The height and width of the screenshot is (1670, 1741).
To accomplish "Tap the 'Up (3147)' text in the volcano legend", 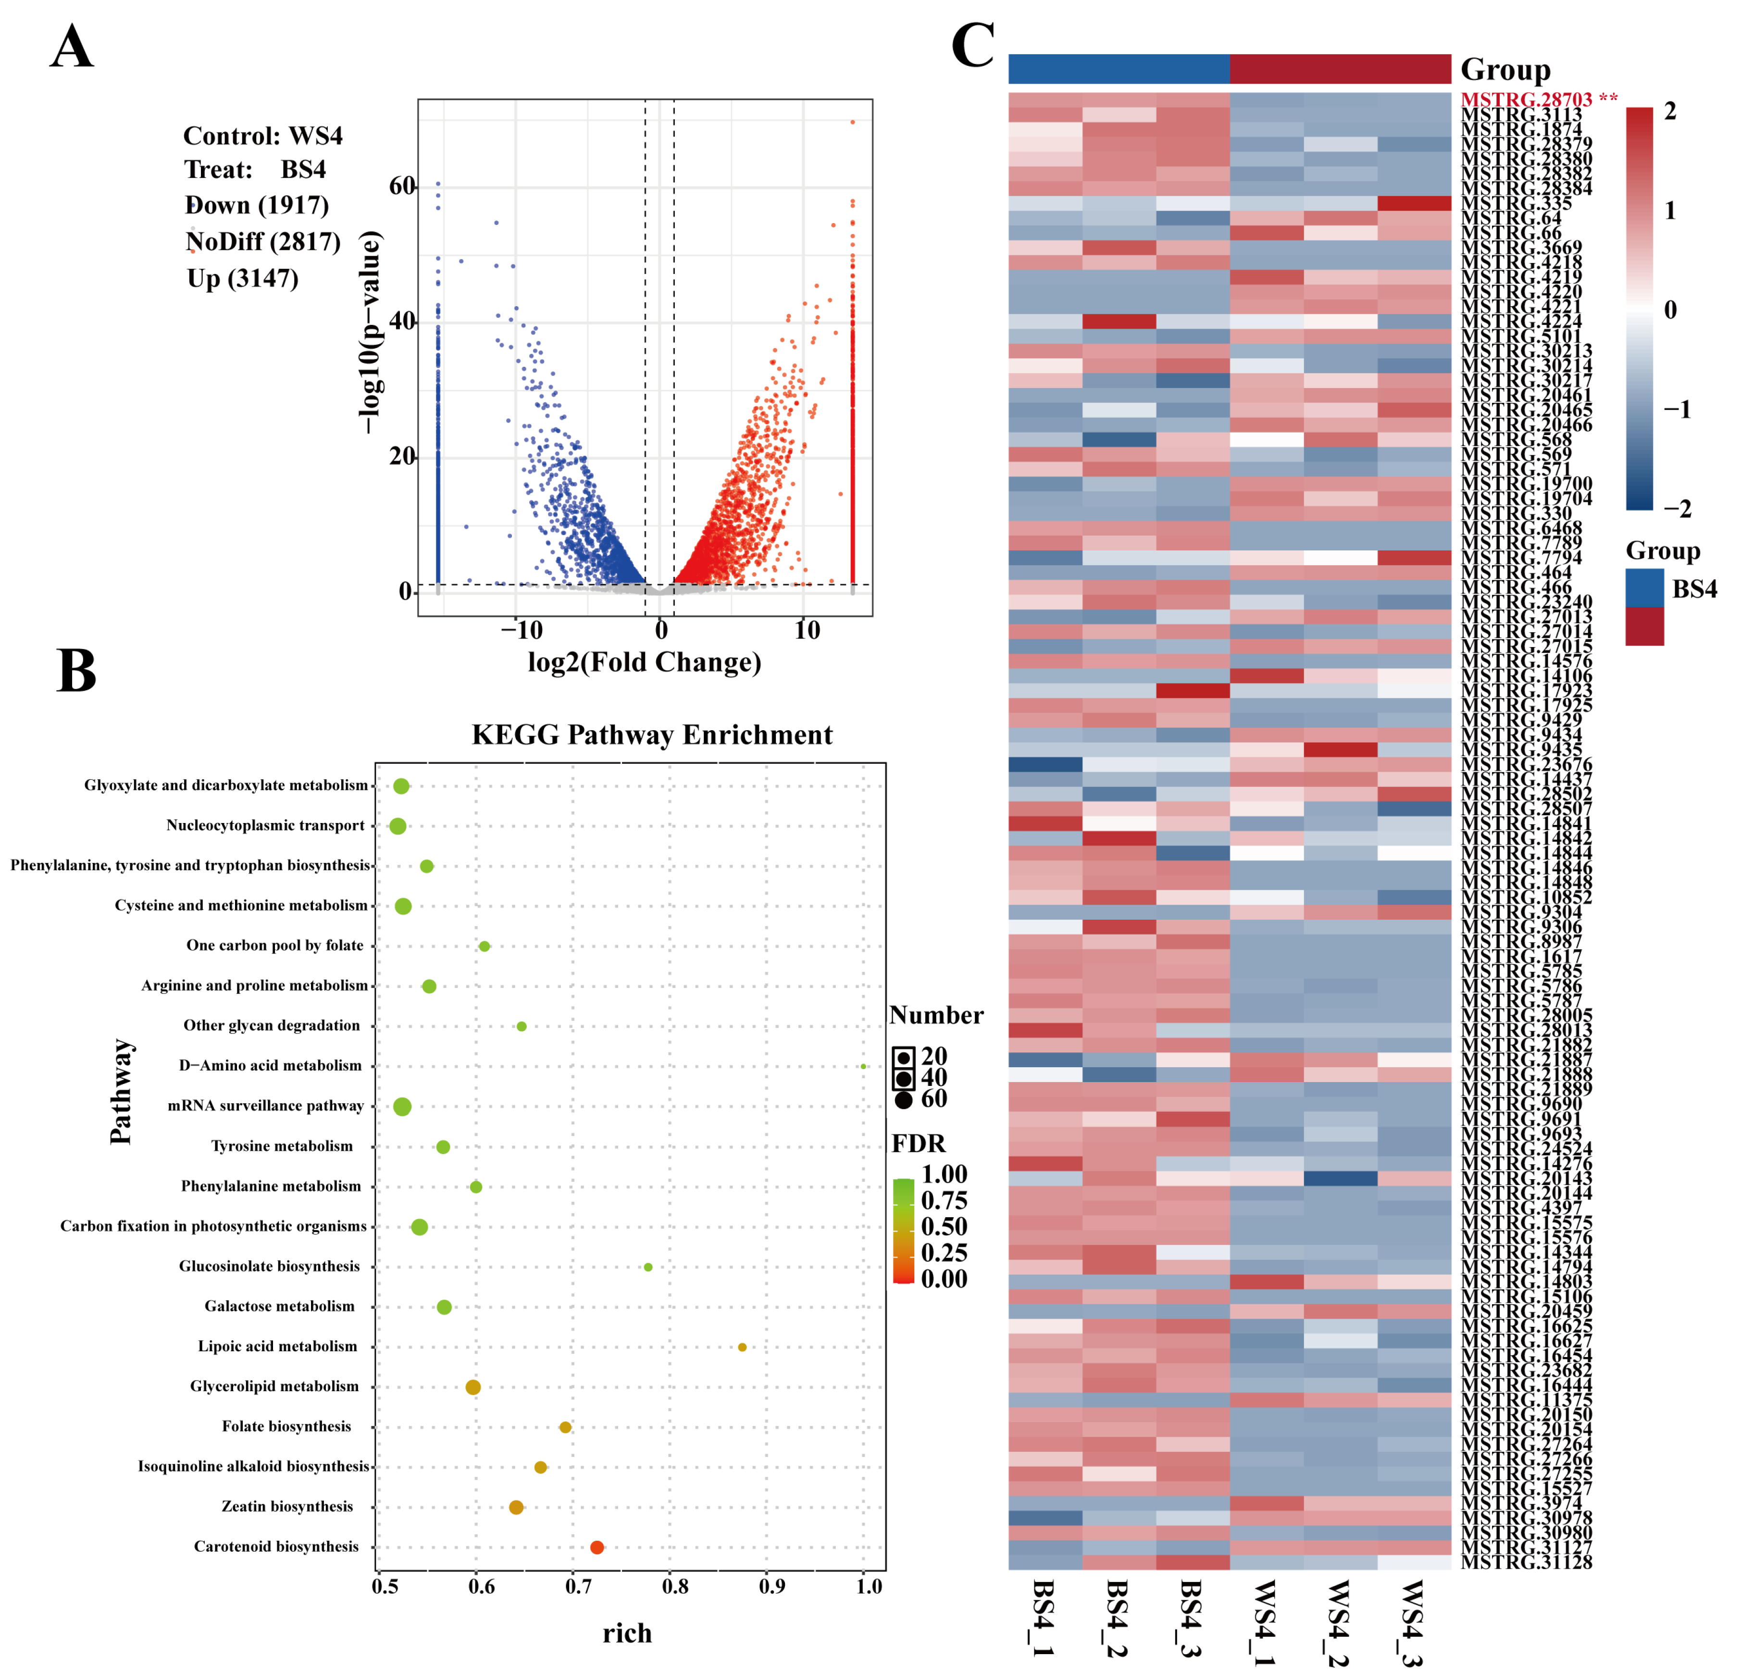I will coord(242,279).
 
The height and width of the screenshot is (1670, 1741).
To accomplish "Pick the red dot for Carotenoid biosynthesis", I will coord(597,1547).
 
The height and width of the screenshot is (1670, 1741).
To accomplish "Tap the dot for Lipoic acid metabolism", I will coord(743,1347).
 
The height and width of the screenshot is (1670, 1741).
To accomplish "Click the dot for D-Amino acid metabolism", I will coord(863,1066).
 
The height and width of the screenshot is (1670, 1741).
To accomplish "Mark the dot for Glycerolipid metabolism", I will coord(473,1387).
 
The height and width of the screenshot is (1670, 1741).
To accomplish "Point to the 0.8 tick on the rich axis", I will coord(675,1586).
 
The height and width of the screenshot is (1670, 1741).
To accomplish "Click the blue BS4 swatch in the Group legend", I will coord(1644,588).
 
